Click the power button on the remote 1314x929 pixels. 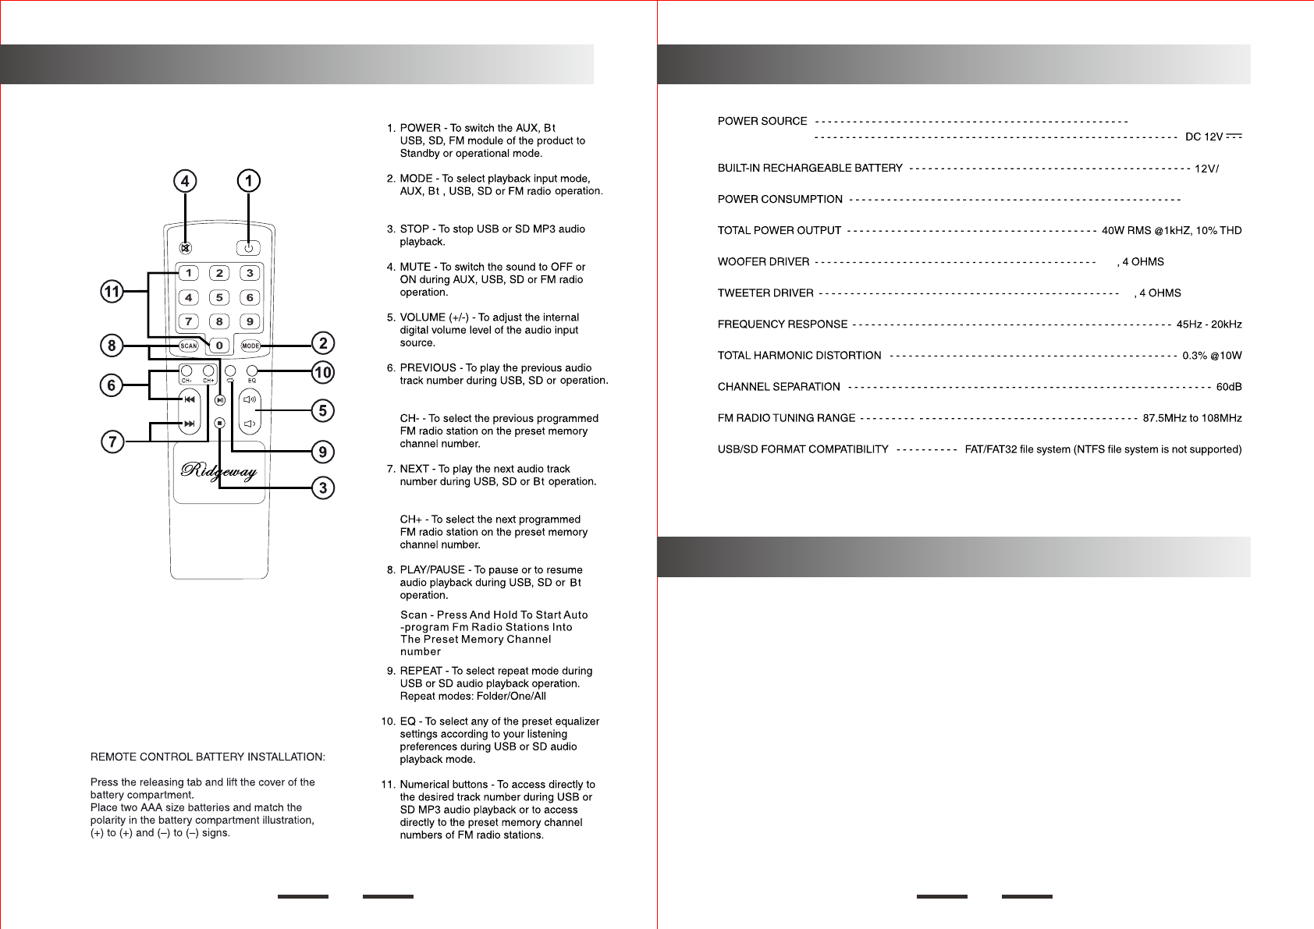[x=248, y=248]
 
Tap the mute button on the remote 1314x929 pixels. [x=186, y=248]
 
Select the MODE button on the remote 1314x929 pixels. [x=250, y=346]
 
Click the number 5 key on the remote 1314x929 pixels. [x=219, y=297]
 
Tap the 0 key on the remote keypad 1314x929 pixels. [x=219, y=346]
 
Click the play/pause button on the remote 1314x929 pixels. [x=220, y=400]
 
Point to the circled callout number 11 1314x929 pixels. [x=112, y=292]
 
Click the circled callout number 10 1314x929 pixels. [x=323, y=372]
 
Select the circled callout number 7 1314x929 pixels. [x=112, y=441]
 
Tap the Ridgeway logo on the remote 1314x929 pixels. [x=219, y=470]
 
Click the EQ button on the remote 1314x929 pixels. [x=252, y=371]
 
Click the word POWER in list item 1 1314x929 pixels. [x=420, y=128]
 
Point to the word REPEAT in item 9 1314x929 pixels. [x=421, y=671]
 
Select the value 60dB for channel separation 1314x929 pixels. [x=1229, y=387]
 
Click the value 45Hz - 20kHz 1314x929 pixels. [x=1209, y=324]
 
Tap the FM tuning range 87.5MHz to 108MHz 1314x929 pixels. [x=1191, y=418]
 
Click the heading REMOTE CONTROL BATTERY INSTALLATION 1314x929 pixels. [x=208, y=757]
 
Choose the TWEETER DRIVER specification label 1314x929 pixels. [x=765, y=293]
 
